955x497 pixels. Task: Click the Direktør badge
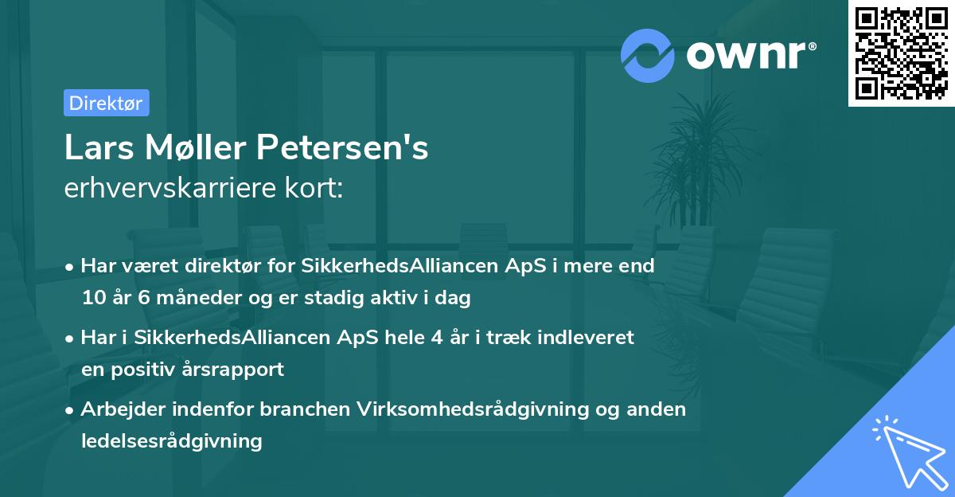point(106,103)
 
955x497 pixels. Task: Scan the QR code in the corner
point(900,53)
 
